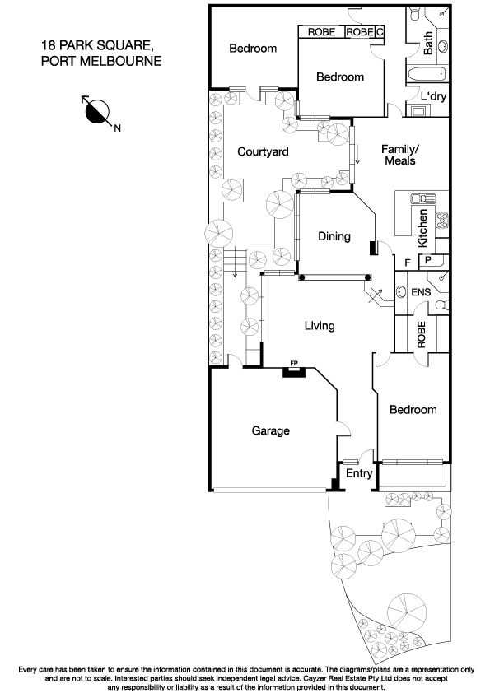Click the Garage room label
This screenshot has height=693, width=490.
tap(271, 430)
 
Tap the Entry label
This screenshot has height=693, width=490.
tap(358, 474)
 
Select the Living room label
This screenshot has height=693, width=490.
tap(320, 326)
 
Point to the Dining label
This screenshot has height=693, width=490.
tap(334, 236)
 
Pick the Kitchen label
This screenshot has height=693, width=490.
tap(422, 229)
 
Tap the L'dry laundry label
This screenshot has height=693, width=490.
tap(434, 96)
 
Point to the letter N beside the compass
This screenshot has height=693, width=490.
tap(117, 128)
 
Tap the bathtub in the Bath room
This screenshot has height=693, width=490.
tap(428, 74)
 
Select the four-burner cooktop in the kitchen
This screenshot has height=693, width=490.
tap(441, 221)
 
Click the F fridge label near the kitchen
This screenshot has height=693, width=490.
tap(408, 263)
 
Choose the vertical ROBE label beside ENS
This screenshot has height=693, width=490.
tap(422, 335)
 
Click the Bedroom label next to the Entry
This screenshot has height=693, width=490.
tap(413, 410)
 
